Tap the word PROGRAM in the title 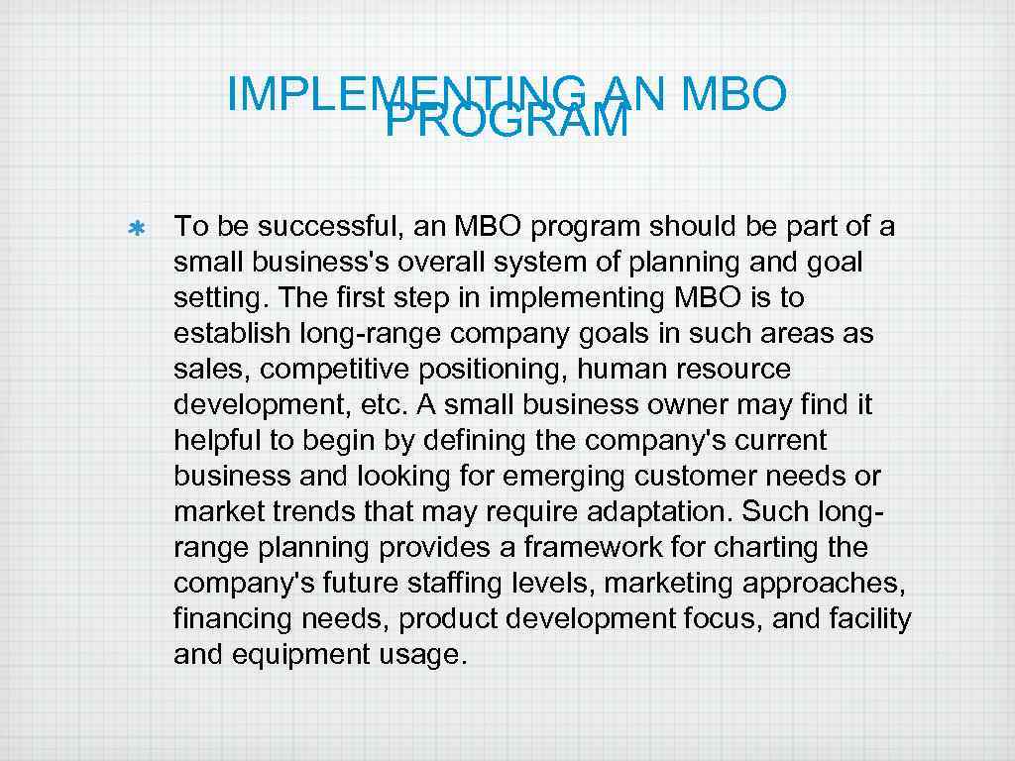point(507,122)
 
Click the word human point(619,370)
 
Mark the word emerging point(564,477)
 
